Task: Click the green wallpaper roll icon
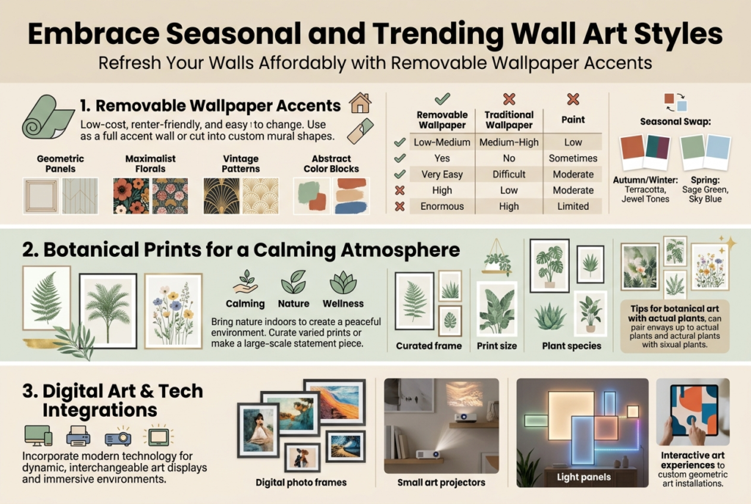[x=48, y=117]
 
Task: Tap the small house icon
[x=360, y=103]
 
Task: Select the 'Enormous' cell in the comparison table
[x=442, y=206]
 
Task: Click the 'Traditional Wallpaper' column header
[x=509, y=120]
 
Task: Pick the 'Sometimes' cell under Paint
[x=573, y=158]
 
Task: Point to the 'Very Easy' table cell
[x=442, y=175]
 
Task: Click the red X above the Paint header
[x=573, y=99]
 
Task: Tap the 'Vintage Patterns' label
[x=241, y=164]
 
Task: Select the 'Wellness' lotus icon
[x=343, y=282]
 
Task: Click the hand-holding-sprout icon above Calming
[x=245, y=282]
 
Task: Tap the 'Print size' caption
[x=497, y=346]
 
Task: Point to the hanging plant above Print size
[x=497, y=259]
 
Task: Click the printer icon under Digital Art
[x=78, y=436]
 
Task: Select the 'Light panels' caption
[x=583, y=477]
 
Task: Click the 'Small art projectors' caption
[x=441, y=483]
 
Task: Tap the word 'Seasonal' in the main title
[x=233, y=34]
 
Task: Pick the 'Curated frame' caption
[x=428, y=346]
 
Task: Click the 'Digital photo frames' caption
[x=301, y=483]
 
